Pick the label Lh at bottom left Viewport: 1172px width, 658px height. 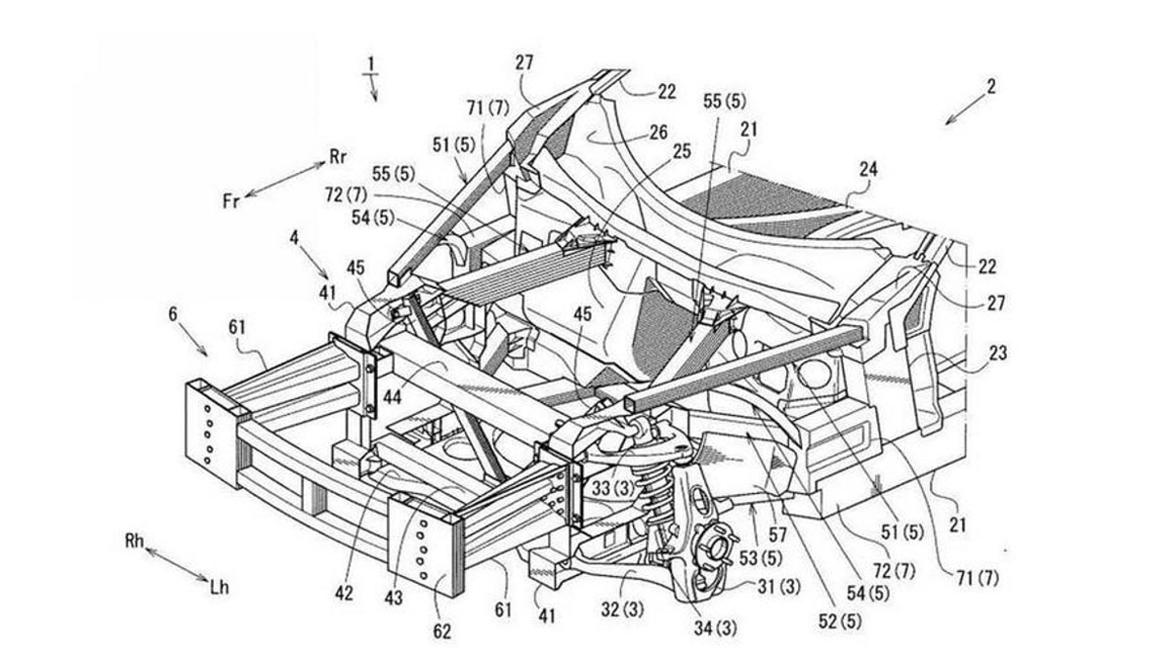[221, 590]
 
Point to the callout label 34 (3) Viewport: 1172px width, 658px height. [693, 624]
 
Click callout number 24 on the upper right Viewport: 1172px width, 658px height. [868, 169]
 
